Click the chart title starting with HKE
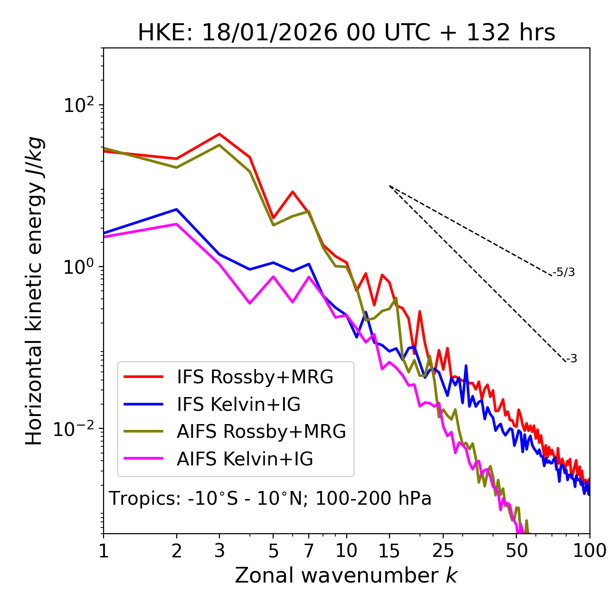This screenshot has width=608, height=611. (346, 33)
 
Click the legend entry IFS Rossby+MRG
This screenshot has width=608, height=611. (255, 377)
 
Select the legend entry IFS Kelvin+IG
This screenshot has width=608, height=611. (238, 405)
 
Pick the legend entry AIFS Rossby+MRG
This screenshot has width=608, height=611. (261, 432)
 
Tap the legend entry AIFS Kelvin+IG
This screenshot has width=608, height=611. (245, 459)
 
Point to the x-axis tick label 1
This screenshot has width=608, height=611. (104, 551)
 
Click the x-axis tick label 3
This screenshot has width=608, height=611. (219, 551)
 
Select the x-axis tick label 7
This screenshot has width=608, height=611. (309, 551)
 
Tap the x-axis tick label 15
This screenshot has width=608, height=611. (389, 551)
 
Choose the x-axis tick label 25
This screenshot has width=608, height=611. (443, 551)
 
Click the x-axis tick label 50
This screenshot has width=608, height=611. (517, 551)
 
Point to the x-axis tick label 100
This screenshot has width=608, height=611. (589, 551)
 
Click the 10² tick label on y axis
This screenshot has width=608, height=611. (79, 105)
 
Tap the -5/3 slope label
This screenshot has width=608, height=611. (564, 272)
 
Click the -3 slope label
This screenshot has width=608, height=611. (571, 359)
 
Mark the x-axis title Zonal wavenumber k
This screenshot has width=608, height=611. (346, 576)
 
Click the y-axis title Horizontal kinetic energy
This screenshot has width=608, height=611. (34, 291)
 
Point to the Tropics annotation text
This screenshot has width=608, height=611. (270, 499)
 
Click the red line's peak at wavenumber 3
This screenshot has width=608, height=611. (219, 134)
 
